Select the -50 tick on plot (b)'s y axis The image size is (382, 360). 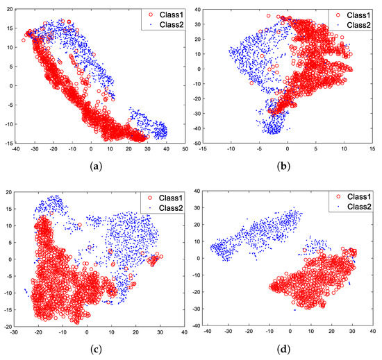click(x=197, y=144)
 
